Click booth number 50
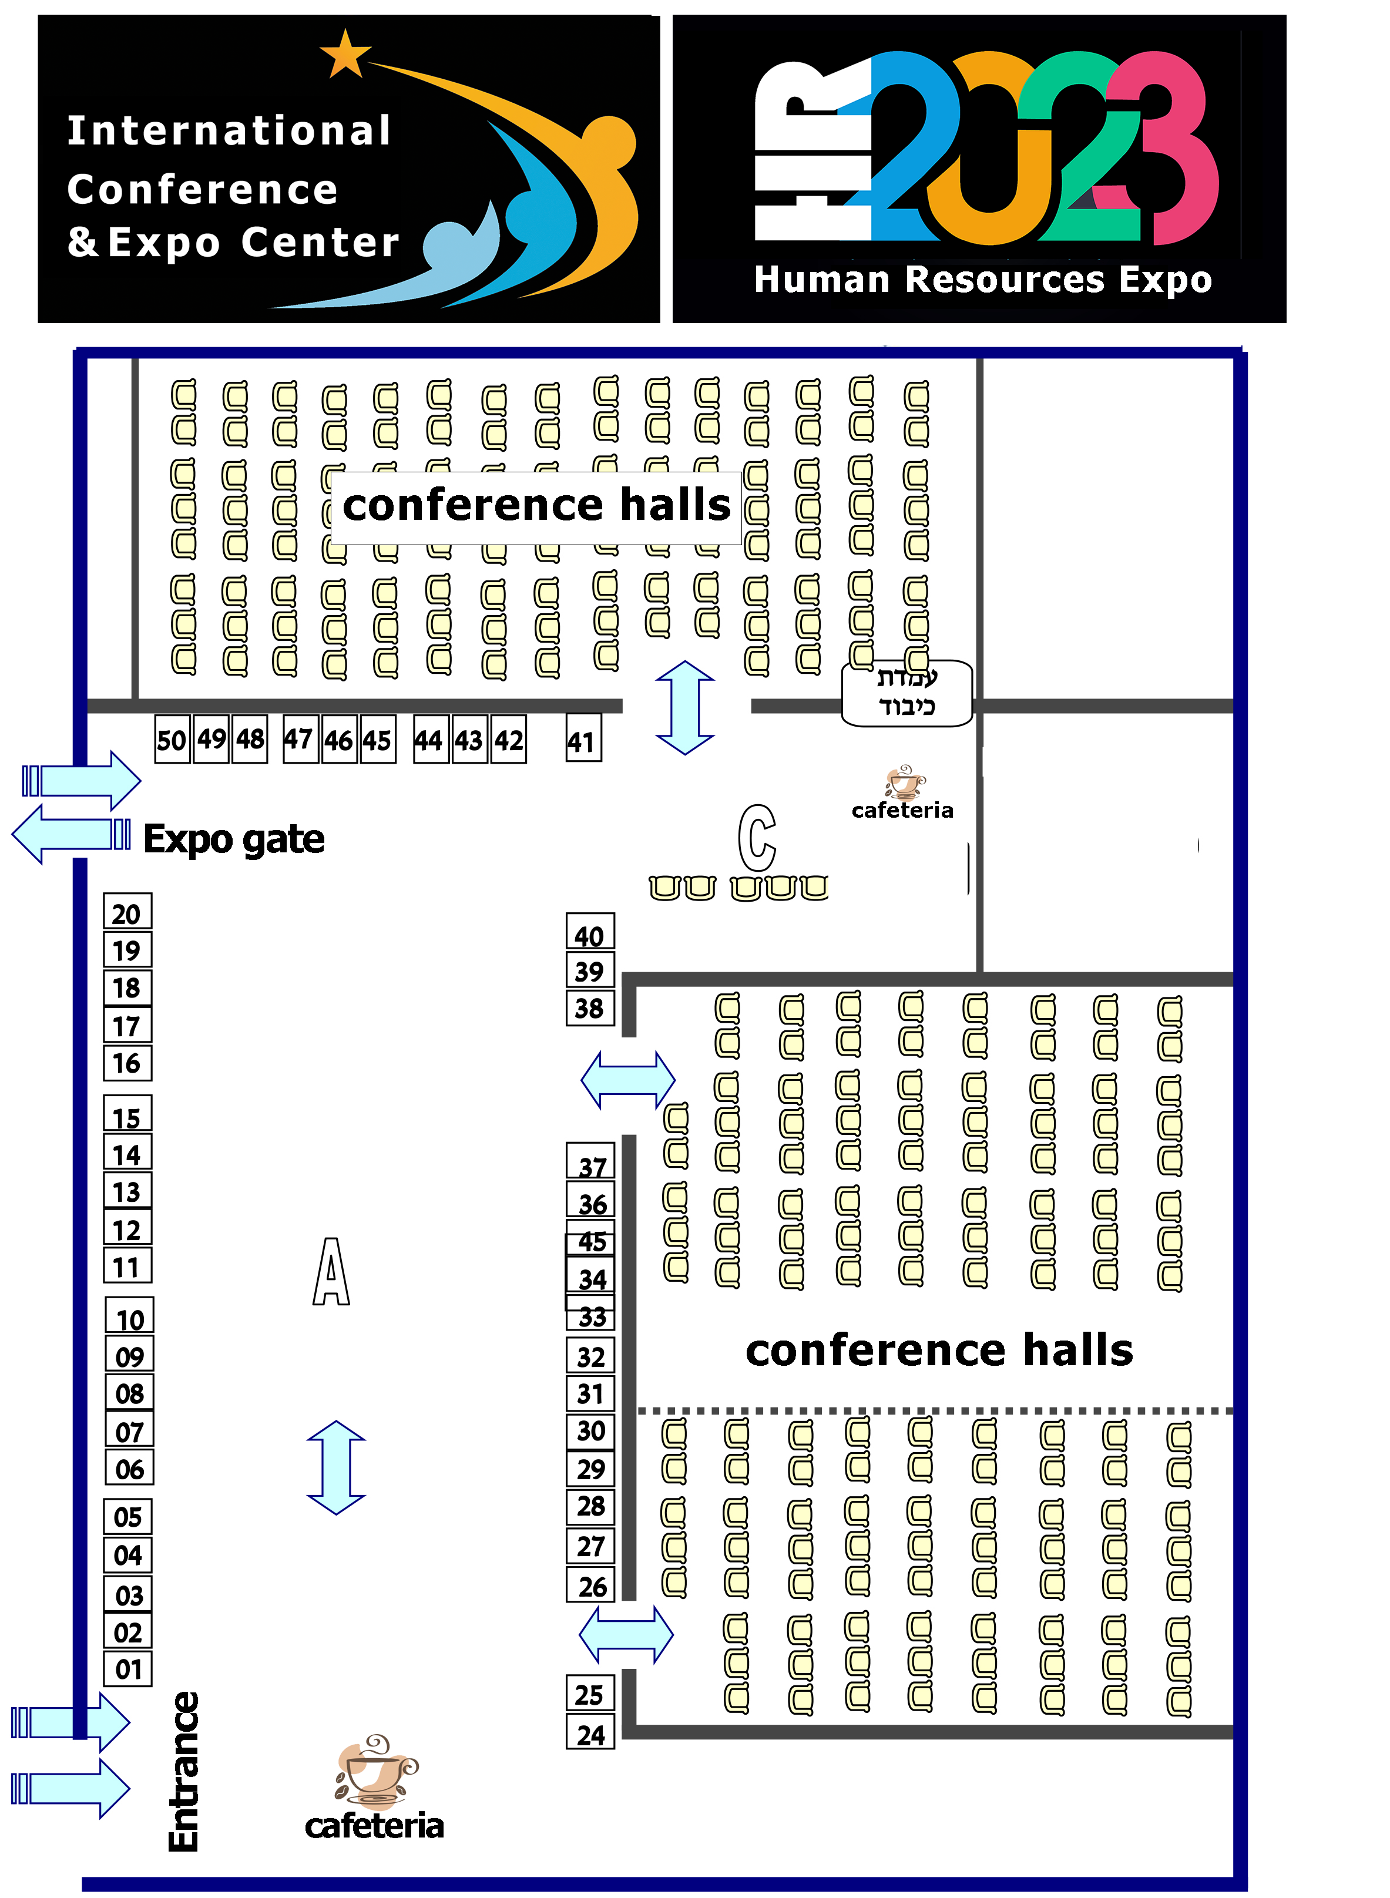tap(172, 740)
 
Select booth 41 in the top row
tap(583, 740)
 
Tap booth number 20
tap(127, 913)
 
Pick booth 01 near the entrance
tap(128, 1668)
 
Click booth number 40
tap(590, 935)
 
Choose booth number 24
tap(590, 1734)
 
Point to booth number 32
tap(590, 1356)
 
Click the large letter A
tap(331, 1271)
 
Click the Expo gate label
tap(234, 839)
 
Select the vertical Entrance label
tap(184, 1771)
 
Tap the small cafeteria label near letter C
tap(902, 810)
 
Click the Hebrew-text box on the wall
tap(907, 693)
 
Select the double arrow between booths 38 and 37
tap(627, 1079)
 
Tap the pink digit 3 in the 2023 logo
tap(1166, 147)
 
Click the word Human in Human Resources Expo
tap(822, 280)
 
